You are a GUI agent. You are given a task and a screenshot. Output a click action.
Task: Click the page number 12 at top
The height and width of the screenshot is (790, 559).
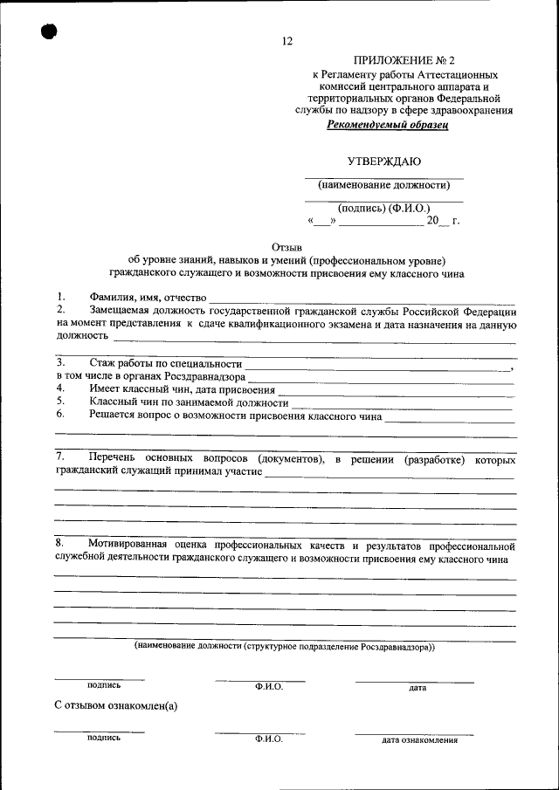tap(288, 42)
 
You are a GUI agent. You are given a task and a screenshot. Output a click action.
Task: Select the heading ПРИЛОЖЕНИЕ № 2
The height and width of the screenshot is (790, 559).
tap(404, 60)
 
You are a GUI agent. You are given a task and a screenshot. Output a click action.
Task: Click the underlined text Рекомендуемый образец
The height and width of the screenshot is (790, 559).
tap(388, 125)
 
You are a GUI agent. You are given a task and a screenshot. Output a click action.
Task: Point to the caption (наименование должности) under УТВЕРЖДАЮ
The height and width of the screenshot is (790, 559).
tap(383, 185)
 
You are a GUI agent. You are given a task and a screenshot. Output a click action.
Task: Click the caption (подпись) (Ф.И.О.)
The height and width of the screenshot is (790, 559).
tap(383, 209)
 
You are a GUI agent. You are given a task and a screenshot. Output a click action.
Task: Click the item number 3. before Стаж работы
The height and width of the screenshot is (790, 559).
tap(60, 361)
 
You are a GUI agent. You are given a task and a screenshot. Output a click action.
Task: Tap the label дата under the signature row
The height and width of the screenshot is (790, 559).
tap(417, 688)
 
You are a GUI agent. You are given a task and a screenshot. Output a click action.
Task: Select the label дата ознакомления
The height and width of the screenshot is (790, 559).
tap(419, 740)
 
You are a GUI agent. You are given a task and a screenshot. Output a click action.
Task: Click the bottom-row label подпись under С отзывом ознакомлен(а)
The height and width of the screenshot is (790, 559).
tap(103, 738)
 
